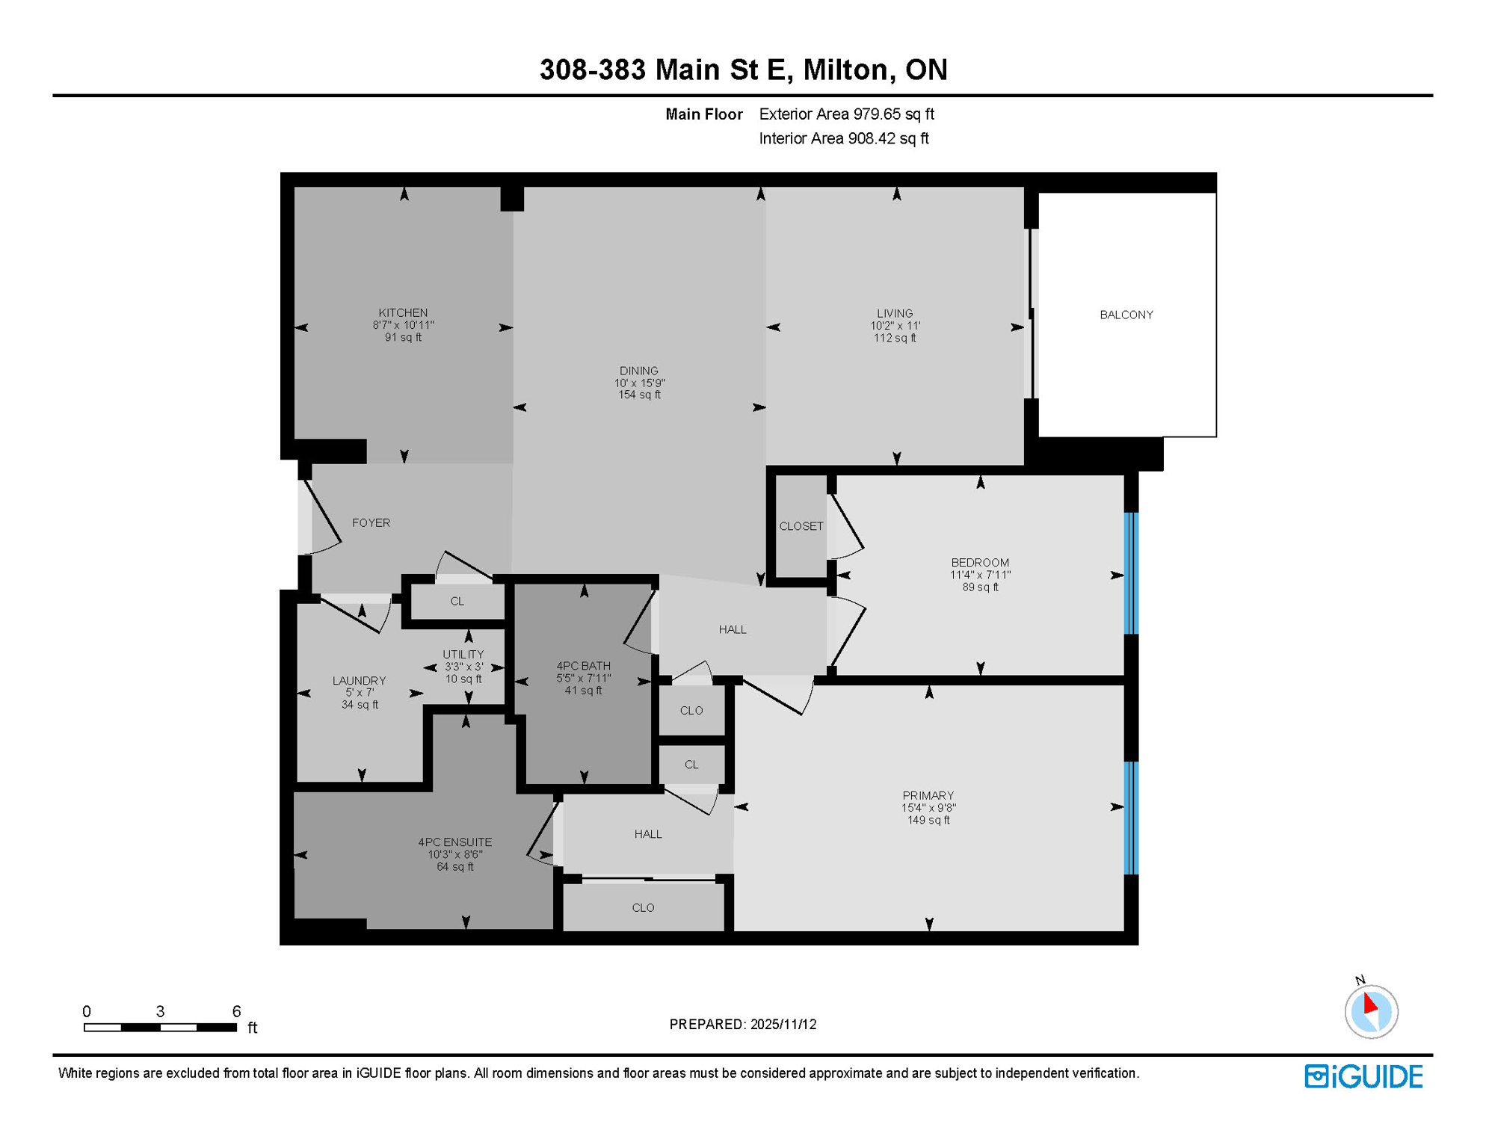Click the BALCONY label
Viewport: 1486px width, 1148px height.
1126,315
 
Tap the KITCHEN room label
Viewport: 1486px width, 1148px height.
403,312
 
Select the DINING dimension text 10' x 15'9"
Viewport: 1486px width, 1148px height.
639,383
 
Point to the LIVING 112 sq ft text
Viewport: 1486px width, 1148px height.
894,338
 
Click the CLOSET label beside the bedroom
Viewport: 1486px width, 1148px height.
801,526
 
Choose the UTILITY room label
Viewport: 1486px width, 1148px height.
463,654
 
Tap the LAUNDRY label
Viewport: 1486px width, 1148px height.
359,680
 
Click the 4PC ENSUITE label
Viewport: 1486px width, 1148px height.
454,842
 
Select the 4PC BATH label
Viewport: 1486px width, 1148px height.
583,665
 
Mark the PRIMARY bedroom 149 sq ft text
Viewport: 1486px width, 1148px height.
928,820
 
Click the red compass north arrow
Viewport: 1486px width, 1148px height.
1369,1003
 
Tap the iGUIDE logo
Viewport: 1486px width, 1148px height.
1363,1076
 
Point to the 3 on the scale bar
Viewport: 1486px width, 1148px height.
160,1011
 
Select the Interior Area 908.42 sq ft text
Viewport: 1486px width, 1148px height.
843,138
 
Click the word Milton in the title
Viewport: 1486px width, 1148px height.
845,70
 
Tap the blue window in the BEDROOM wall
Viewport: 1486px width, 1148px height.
1131,573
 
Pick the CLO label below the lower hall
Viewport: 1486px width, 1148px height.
643,907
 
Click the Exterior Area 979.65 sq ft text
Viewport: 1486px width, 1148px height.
846,114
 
